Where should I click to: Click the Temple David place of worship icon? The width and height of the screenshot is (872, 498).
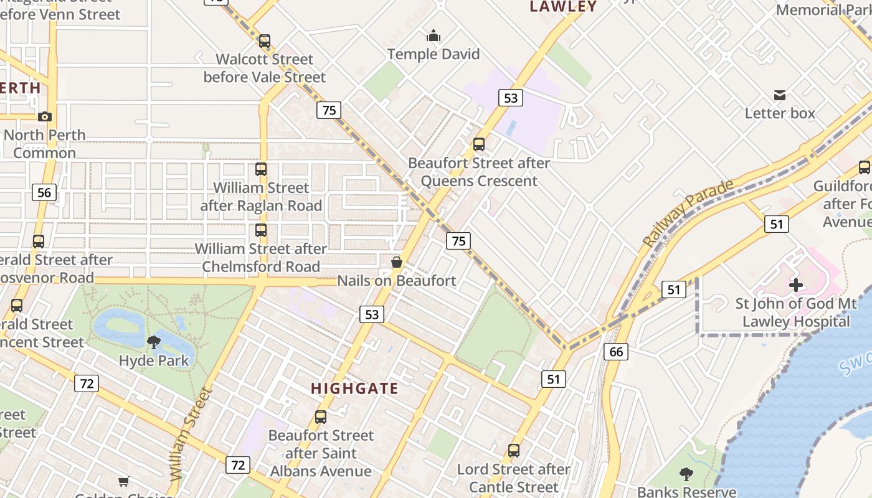(x=434, y=36)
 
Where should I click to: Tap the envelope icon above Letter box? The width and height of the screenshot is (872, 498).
(x=779, y=95)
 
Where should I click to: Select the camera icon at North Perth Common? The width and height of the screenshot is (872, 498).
(x=44, y=116)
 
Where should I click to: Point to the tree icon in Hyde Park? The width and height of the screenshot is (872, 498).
(x=153, y=342)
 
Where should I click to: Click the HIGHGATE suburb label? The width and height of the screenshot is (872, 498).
(x=354, y=388)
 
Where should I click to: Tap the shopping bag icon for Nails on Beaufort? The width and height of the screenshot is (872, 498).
(x=396, y=263)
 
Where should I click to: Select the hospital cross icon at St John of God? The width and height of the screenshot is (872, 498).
(x=795, y=285)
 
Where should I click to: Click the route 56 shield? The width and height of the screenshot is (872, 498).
(x=44, y=192)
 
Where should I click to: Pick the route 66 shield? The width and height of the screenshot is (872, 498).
(x=615, y=352)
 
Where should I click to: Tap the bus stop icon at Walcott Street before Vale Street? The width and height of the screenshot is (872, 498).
(x=265, y=41)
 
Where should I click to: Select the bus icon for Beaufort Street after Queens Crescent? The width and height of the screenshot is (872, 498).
(x=478, y=144)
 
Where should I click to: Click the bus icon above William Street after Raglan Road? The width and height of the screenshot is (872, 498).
(x=261, y=169)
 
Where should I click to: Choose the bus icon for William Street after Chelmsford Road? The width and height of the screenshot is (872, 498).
(x=261, y=230)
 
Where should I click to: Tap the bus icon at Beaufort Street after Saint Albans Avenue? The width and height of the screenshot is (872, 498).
(x=321, y=417)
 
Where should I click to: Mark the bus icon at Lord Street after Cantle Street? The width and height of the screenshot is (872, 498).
(x=514, y=451)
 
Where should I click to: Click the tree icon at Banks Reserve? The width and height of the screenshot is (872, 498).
(x=686, y=474)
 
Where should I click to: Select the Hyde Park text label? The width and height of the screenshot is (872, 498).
(x=153, y=360)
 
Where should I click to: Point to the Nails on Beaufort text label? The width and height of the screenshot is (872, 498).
(x=396, y=281)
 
